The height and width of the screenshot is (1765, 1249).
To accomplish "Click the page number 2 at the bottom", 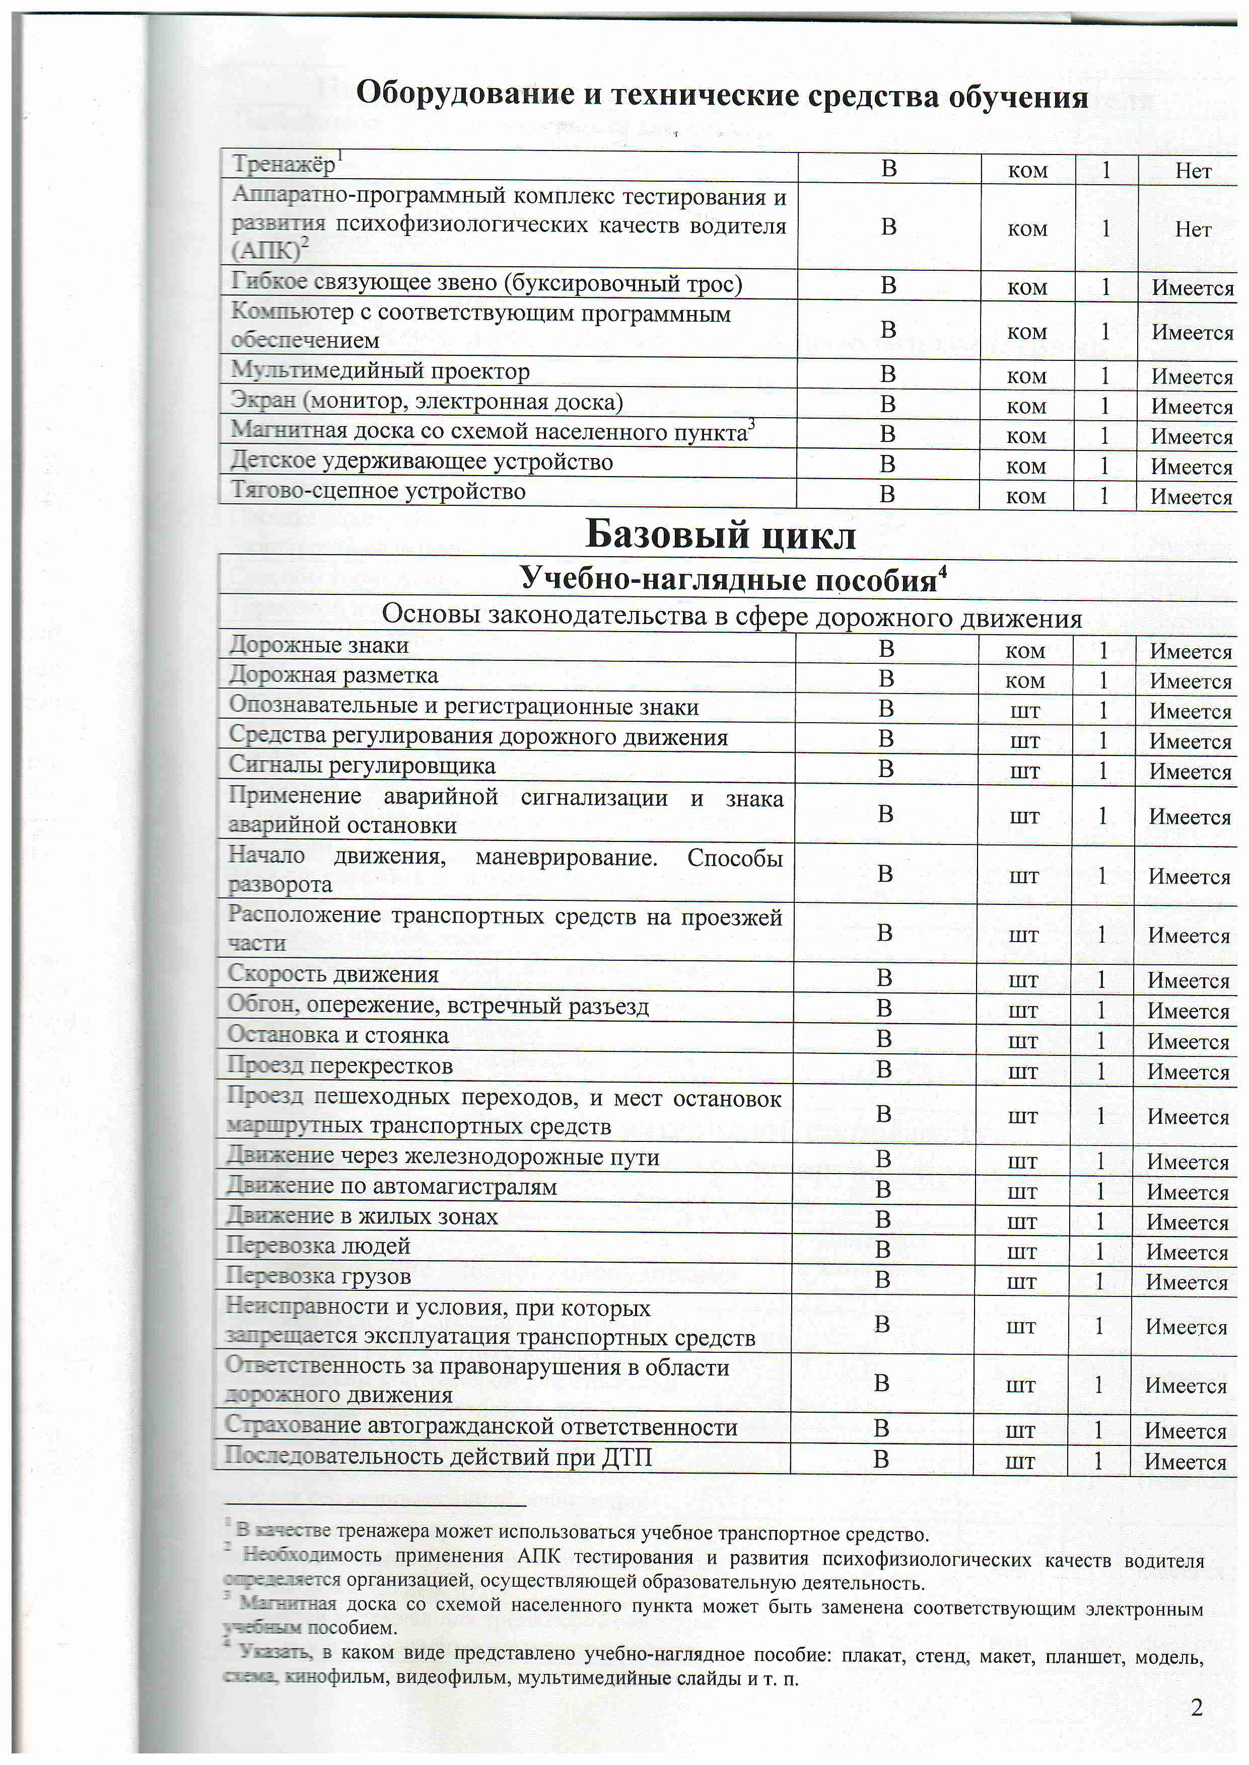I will point(1196,1707).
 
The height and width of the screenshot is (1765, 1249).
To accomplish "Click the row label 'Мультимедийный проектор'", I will point(380,371).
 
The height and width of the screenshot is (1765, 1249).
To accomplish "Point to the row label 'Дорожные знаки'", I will point(318,645).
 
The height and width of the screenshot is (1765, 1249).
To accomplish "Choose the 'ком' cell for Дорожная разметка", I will point(1025,680).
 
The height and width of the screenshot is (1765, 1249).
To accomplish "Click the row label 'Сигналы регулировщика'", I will point(362,765).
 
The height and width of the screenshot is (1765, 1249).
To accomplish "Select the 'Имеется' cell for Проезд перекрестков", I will point(1188,1071).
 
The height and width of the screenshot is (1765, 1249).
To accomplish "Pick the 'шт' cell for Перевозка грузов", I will point(1021,1281).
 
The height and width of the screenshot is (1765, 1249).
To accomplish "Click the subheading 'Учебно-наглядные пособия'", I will point(728,578).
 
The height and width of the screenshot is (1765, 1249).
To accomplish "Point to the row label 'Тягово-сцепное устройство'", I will point(378,491).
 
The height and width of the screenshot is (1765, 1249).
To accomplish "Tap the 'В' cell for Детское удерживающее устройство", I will point(887,465).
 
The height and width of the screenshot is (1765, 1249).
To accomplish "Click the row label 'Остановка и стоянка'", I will point(337,1035).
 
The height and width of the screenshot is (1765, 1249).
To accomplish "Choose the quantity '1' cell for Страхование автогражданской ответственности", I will point(1098,1429).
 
